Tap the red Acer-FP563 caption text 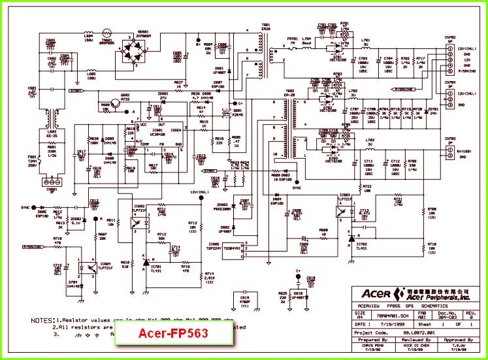(x=173, y=333)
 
